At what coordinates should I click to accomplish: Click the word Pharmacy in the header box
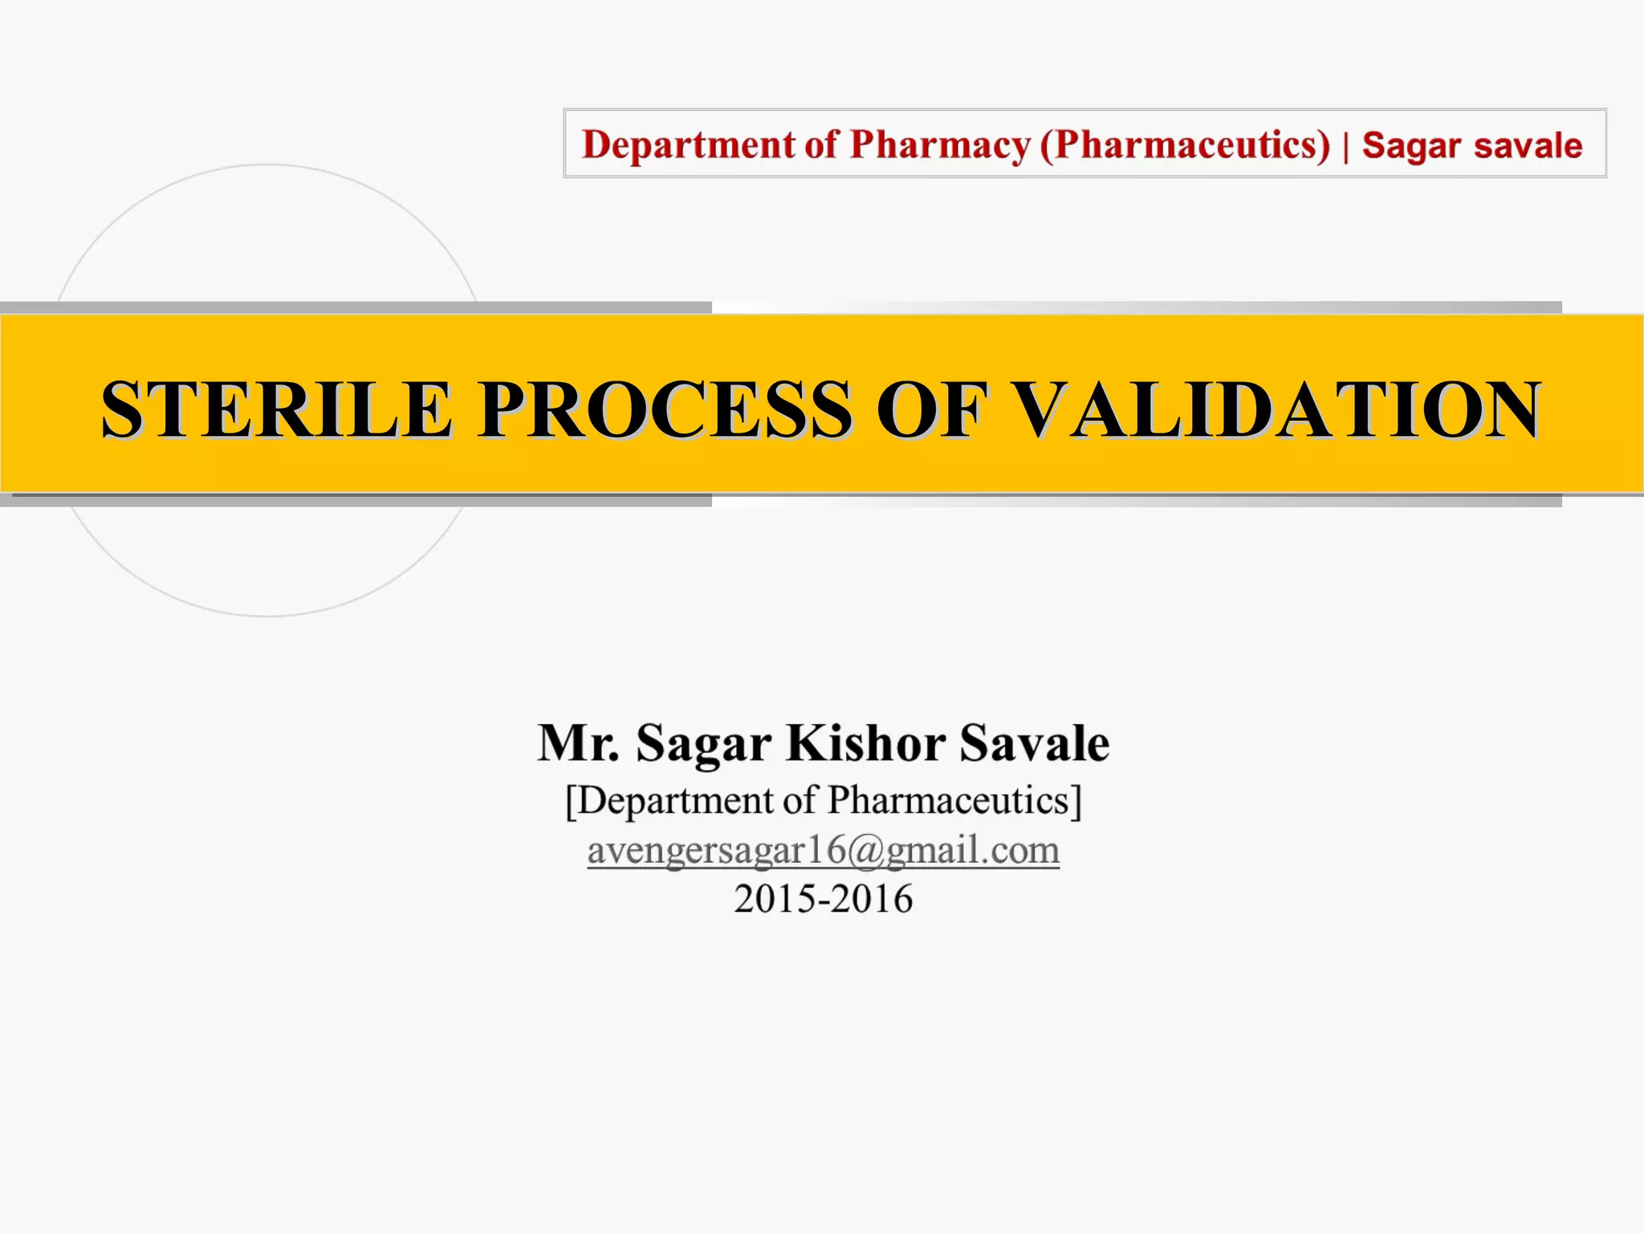940,145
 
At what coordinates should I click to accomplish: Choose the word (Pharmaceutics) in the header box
1185,145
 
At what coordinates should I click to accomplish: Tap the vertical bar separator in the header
1346,147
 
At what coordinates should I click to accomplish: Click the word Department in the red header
689,145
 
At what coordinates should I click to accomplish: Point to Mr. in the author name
578,743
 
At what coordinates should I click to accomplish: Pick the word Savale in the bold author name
1035,743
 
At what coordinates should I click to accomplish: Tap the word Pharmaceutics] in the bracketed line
954,800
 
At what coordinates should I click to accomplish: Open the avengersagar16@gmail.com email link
824,850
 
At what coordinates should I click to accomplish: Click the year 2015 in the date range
773,899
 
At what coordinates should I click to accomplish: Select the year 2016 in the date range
873,899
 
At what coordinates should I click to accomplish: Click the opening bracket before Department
571,800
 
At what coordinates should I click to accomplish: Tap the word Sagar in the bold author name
703,744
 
